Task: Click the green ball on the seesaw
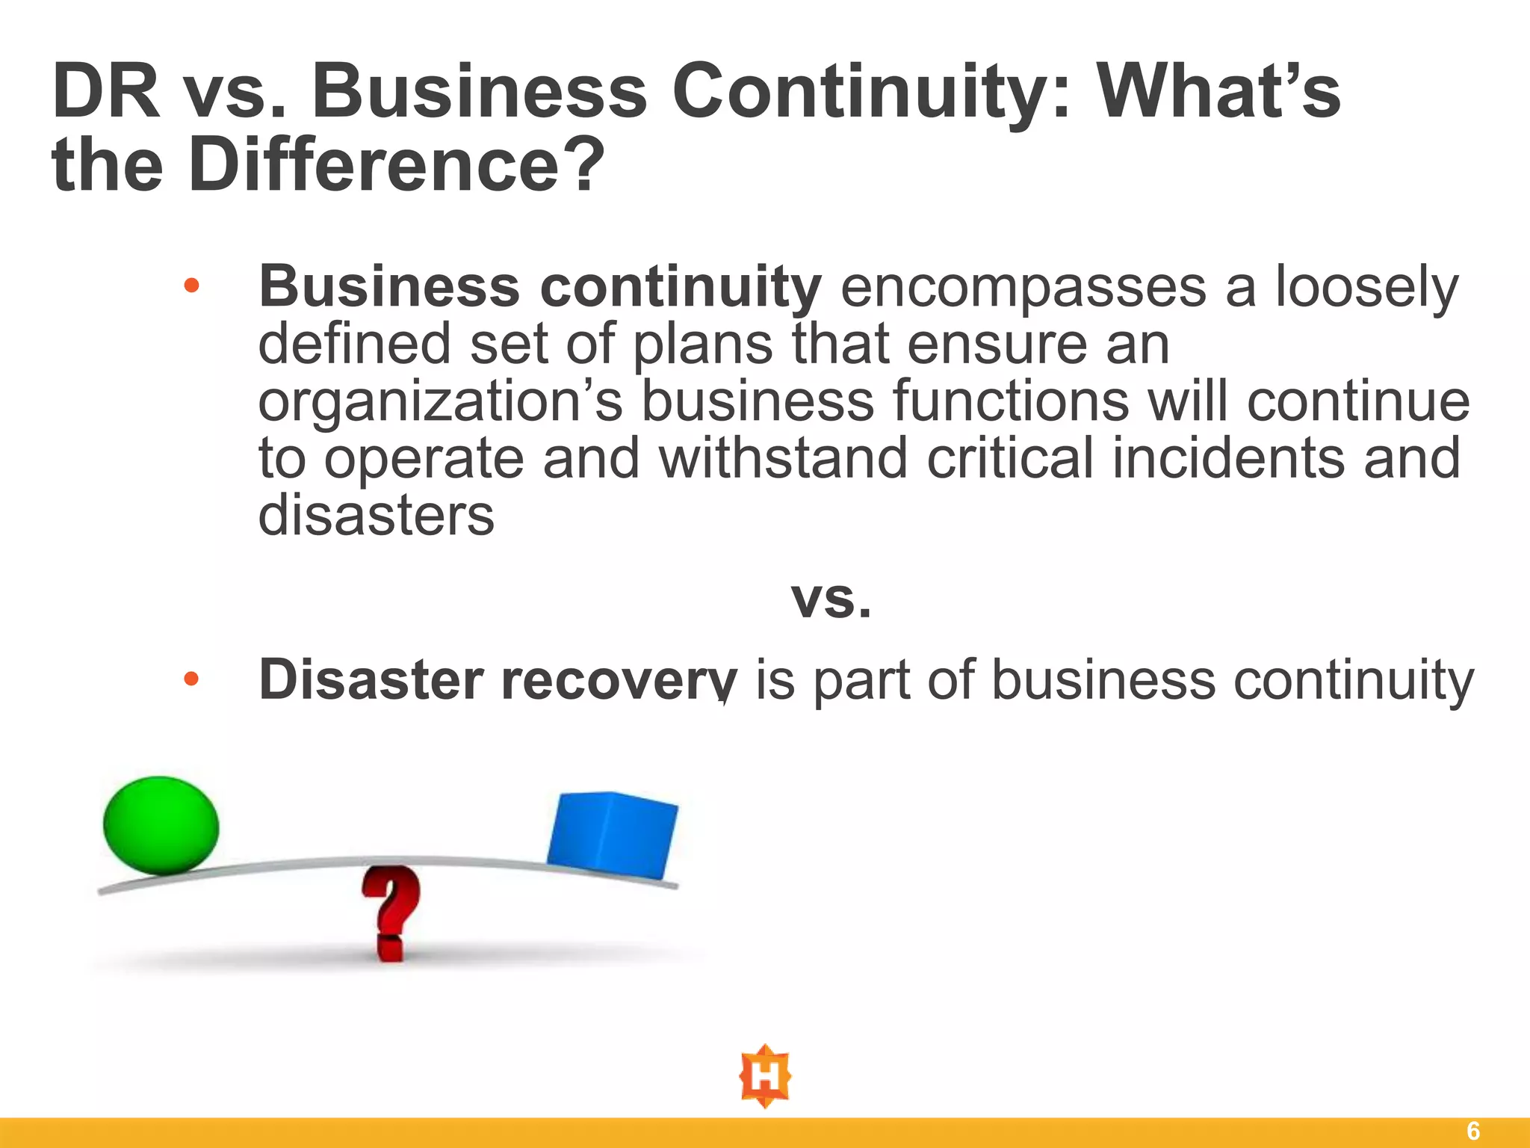pos(161,825)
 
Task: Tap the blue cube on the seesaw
pos(612,833)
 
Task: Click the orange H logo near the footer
pos(765,1076)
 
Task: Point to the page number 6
pos(1472,1131)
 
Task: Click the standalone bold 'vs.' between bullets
pos(831,599)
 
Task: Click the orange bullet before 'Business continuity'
pos(192,286)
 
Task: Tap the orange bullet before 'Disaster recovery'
pos(192,679)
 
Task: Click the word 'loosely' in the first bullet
pos(1366,288)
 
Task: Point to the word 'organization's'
pos(440,402)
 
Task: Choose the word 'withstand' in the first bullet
pos(783,458)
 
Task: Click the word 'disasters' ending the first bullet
pos(376,516)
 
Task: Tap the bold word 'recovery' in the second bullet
pos(619,680)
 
